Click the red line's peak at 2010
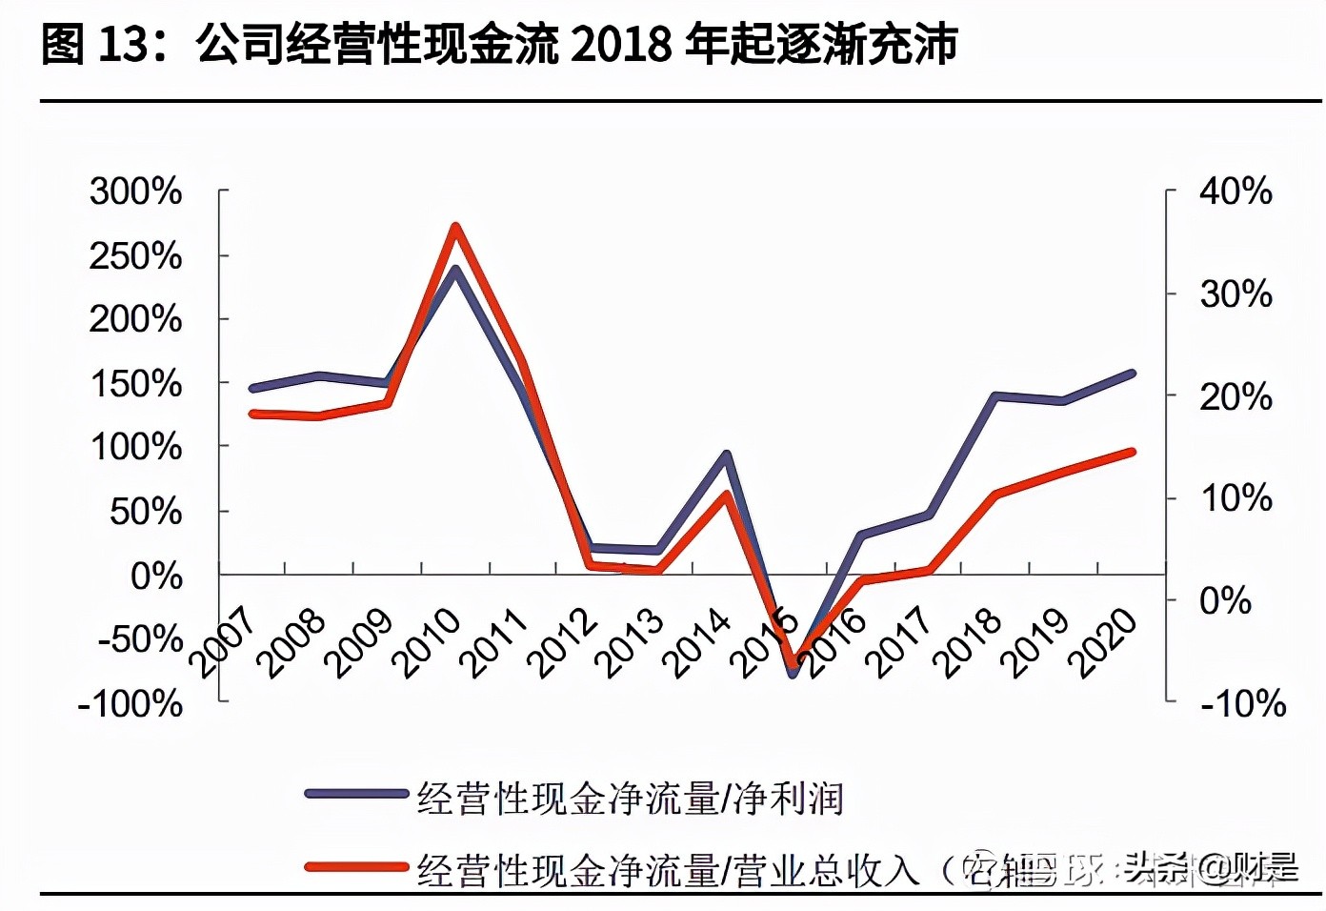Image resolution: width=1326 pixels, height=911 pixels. (x=455, y=227)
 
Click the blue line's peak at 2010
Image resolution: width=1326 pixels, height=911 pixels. (x=455, y=269)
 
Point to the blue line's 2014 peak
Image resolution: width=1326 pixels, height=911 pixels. (x=726, y=455)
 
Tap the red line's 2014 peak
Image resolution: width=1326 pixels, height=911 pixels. (x=726, y=495)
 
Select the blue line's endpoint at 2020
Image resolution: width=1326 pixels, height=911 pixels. (x=1132, y=374)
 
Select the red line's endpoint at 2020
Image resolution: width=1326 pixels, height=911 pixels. (x=1132, y=452)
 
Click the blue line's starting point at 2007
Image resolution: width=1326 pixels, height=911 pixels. (x=252, y=388)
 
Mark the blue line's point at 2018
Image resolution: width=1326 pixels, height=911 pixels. (x=995, y=395)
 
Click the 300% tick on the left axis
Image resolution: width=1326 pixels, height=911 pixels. (x=135, y=192)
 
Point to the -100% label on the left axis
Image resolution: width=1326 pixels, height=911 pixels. (x=131, y=704)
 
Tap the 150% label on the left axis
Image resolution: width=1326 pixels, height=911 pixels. (x=135, y=384)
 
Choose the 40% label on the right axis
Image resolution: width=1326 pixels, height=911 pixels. (x=1236, y=192)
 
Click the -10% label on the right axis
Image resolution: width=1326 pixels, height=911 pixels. (x=1243, y=704)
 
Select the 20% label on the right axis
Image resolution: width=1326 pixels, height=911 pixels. (x=1236, y=396)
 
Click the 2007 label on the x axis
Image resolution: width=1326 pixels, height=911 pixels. (x=224, y=642)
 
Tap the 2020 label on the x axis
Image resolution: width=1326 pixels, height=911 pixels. (x=1103, y=642)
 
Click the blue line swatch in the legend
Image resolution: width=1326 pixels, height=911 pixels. (x=355, y=794)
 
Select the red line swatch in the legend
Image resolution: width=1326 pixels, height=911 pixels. (x=355, y=867)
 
